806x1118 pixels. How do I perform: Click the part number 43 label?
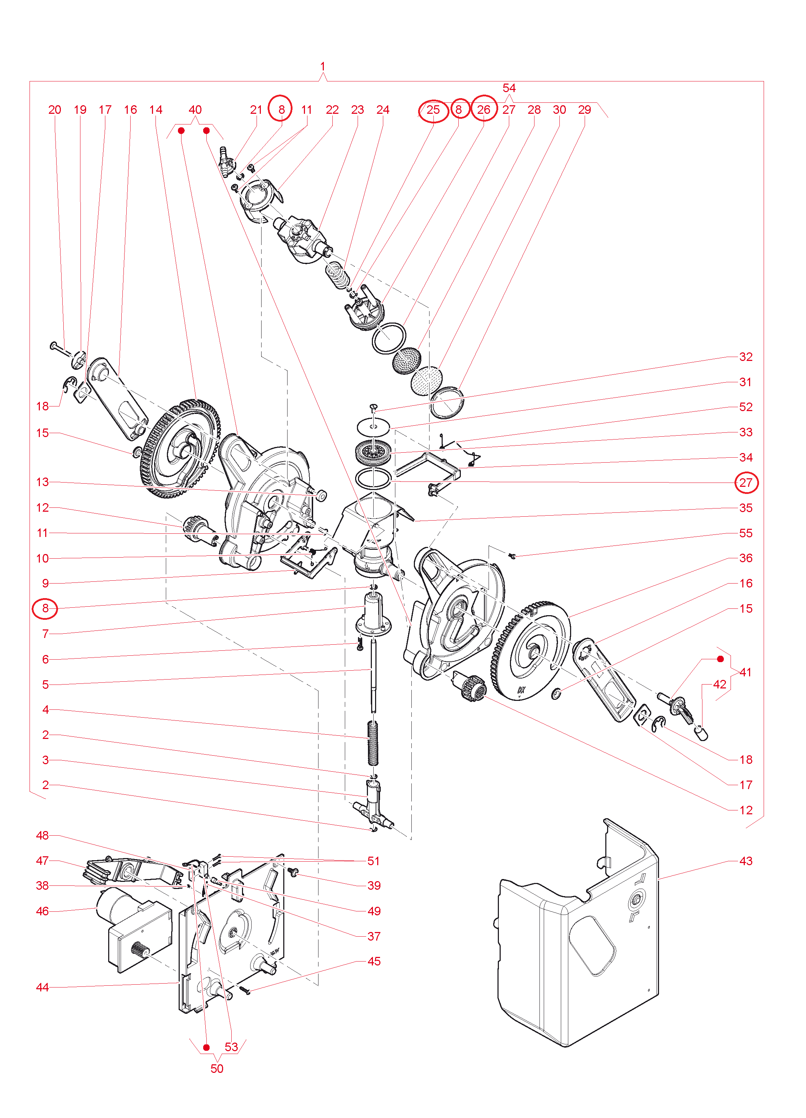pos(746,861)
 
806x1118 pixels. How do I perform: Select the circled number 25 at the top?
pos(433,110)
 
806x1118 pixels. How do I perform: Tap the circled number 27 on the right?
pos(746,483)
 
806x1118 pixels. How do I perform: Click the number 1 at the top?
pos(323,66)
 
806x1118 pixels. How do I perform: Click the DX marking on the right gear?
pos(521,690)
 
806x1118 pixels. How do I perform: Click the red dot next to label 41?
pos(720,659)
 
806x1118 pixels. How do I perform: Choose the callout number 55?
pos(746,533)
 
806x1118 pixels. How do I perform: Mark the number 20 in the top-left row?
pos(55,110)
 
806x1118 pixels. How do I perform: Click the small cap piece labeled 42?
pos(701,733)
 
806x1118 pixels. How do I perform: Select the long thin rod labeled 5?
pos(373,675)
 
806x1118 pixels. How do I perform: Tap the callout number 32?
pos(746,357)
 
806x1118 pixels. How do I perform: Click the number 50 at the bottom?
pos(217,1069)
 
